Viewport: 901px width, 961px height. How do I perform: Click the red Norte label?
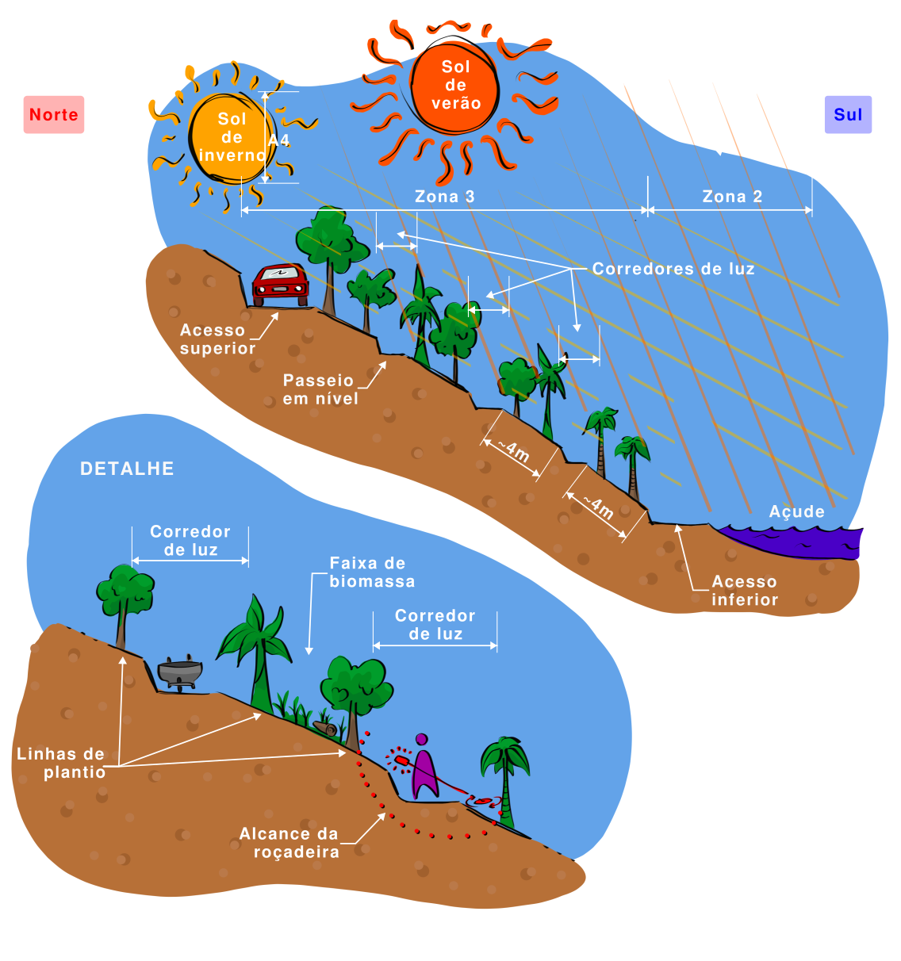[54, 115]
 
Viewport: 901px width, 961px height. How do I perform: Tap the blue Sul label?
[848, 115]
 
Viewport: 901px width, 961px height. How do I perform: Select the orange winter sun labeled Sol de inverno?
[230, 138]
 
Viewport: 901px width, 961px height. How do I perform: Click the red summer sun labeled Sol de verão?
[455, 86]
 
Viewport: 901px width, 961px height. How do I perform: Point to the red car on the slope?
[280, 284]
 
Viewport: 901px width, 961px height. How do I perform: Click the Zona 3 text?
[444, 197]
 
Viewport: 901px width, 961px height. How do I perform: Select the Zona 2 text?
[731, 197]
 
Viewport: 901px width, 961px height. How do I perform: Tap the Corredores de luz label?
[673, 269]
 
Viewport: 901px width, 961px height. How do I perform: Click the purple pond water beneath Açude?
[793, 541]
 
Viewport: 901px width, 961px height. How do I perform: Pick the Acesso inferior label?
[744, 591]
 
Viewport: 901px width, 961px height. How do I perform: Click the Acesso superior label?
[217, 339]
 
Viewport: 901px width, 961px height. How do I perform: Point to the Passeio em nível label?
[320, 389]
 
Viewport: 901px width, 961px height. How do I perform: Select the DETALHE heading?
[127, 469]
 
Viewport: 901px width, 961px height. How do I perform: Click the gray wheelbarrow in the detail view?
[180, 672]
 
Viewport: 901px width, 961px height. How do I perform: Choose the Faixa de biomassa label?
[371, 572]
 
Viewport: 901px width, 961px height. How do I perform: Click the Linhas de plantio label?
[62, 763]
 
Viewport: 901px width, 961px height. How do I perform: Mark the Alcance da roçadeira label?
[290, 843]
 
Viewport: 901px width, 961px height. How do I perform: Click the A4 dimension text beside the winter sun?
[278, 140]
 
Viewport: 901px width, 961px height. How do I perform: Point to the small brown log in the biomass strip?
[325, 728]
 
